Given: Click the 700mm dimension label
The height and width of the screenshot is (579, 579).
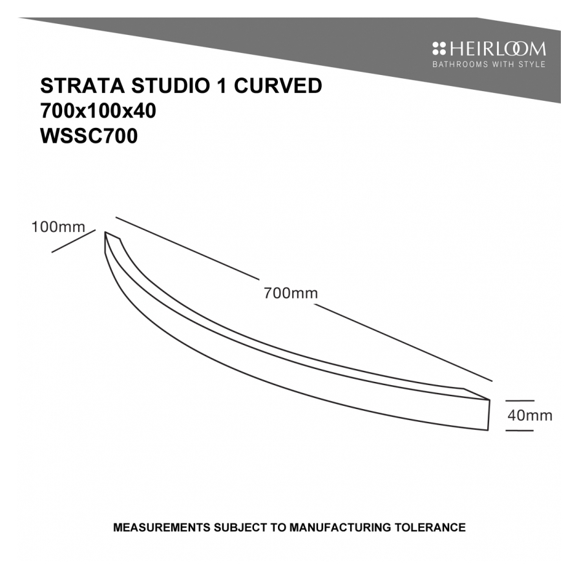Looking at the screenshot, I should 291,293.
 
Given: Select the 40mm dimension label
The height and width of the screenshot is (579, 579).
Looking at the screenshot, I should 530,416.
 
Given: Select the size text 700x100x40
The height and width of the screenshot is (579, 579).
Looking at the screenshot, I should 98,111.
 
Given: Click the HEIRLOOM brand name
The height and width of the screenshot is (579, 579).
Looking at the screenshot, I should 498,49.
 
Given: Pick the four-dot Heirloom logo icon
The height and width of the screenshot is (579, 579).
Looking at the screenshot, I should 439,49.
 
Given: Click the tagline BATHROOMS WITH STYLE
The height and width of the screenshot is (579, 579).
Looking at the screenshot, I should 489,65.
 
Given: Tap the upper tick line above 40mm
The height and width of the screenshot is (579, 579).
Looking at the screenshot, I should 520,401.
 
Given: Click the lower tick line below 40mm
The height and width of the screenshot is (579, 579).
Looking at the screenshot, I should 520,430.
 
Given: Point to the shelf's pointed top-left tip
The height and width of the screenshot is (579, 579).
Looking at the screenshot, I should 106,234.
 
